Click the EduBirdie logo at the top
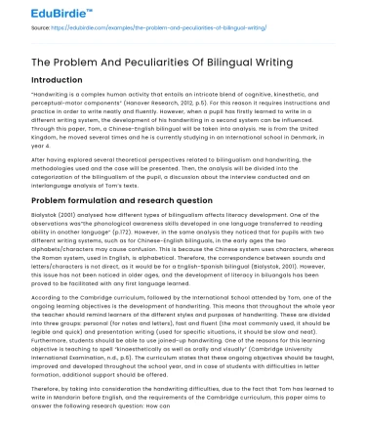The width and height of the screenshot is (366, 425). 39,12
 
